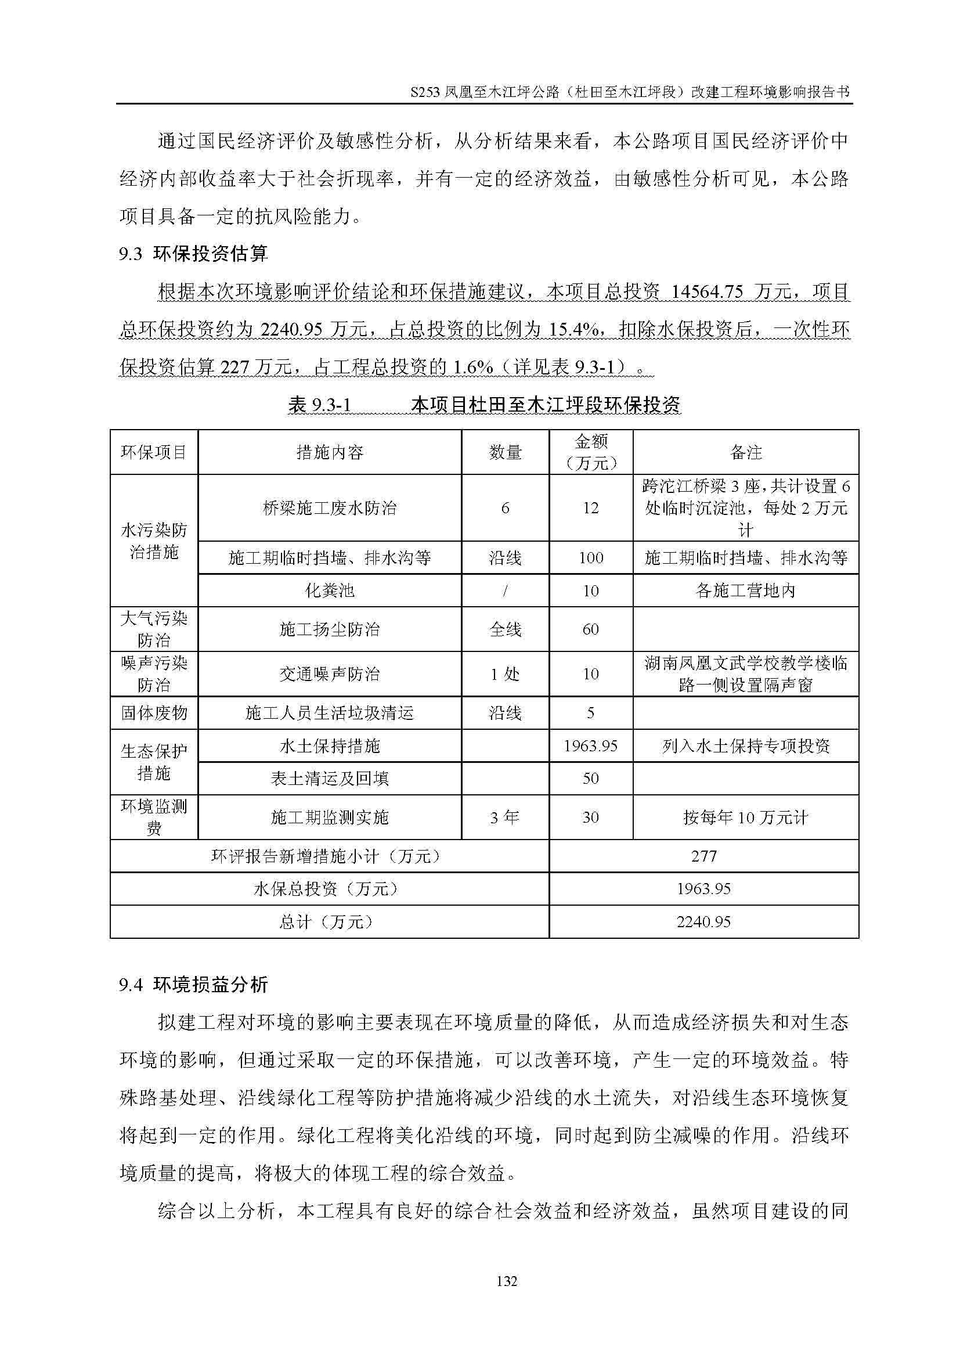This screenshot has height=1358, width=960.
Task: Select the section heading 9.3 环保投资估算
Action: (x=193, y=254)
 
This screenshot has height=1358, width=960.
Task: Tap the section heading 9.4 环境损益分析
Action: (x=193, y=985)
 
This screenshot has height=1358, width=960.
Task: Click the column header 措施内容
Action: (x=329, y=452)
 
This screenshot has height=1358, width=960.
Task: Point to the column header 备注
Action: (x=745, y=452)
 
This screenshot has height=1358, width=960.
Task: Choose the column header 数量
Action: (x=505, y=452)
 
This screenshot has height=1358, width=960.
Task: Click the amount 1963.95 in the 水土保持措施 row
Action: (x=590, y=746)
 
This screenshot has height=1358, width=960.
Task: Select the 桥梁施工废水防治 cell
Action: (x=329, y=508)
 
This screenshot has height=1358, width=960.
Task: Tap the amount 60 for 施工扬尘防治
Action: (x=590, y=629)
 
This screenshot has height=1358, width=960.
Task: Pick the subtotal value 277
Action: (x=703, y=856)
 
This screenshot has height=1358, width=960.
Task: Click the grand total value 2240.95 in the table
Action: (x=703, y=921)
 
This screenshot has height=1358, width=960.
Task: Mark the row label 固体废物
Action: (x=154, y=713)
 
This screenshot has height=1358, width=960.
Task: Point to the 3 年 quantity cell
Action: (x=505, y=817)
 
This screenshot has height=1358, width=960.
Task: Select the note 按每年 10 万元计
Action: (x=745, y=817)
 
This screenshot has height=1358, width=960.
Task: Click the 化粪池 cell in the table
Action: (x=329, y=590)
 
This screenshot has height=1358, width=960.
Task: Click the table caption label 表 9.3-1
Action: (x=319, y=405)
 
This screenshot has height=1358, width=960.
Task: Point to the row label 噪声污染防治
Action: (x=154, y=673)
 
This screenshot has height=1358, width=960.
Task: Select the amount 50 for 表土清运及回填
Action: (x=590, y=779)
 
